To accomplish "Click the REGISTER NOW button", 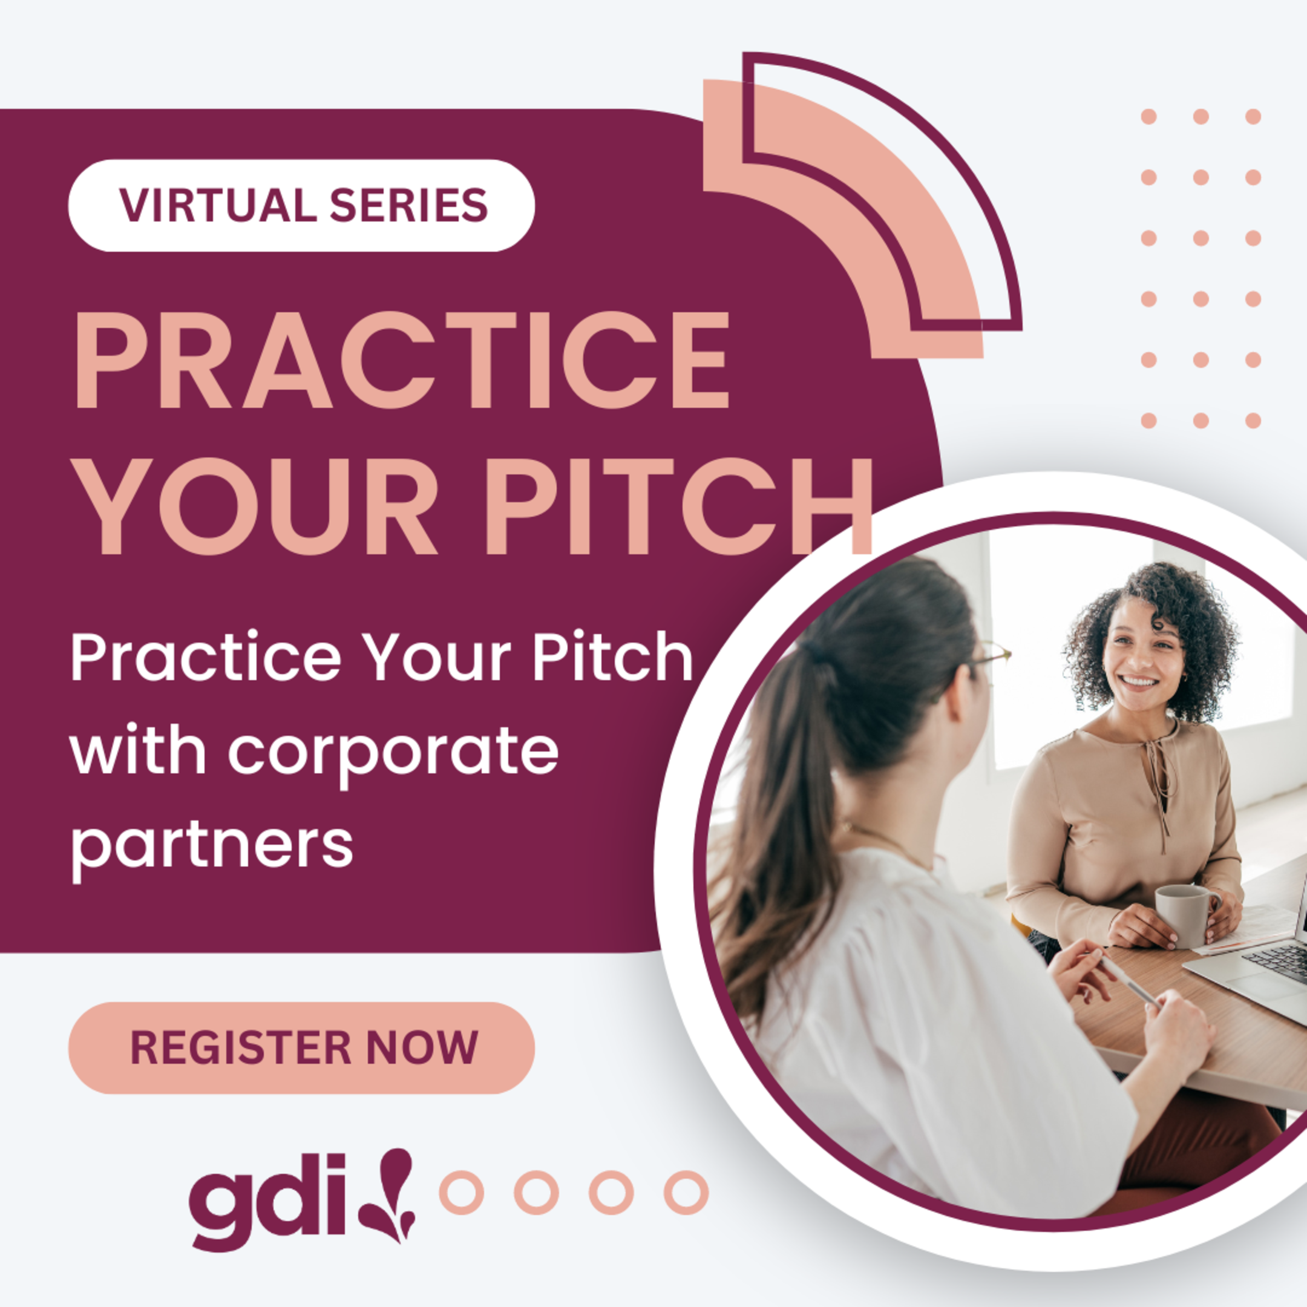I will tap(302, 1048).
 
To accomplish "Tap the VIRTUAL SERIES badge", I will tap(302, 205).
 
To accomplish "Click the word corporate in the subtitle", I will tap(392, 753).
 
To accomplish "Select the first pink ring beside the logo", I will tap(461, 1193).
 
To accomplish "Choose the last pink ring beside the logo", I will tap(686, 1193).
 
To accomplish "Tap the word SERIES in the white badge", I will tap(408, 205).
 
